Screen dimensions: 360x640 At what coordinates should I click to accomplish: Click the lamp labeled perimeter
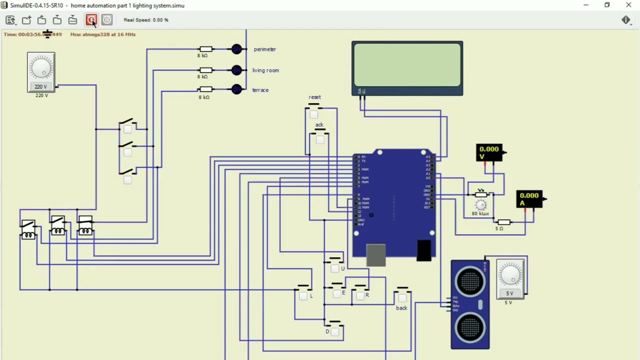click(x=236, y=49)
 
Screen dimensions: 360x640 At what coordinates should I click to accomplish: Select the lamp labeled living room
click(x=236, y=70)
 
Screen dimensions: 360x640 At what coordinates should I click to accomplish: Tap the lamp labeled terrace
click(x=236, y=89)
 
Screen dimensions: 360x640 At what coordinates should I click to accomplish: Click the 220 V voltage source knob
click(x=41, y=67)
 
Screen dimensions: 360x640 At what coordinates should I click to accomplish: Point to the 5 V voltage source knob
click(x=510, y=274)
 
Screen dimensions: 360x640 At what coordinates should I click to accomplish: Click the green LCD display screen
click(x=407, y=65)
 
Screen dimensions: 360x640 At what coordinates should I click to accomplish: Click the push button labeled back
click(x=402, y=298)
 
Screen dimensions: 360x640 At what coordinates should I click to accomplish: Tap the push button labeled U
click(x=334, y=268)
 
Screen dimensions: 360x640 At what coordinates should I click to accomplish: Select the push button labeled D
click(x=334, y=331)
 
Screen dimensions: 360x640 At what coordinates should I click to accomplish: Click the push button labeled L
click(x=303, y=295)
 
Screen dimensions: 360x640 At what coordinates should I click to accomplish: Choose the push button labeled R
click(x=360, y=295)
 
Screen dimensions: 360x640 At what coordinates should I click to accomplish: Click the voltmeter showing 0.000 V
click(x=489, y=152)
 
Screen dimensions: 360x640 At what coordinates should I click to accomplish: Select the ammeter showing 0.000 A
click(x=529, y=199)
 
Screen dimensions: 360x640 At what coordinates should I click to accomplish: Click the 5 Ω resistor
click(x=504, y=222)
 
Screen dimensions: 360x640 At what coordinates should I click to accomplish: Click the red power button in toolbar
click(x=91, y=20)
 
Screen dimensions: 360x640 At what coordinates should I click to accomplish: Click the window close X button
click(x=628, y=5)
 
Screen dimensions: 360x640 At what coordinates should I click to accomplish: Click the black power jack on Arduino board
click(x=423, y=250)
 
